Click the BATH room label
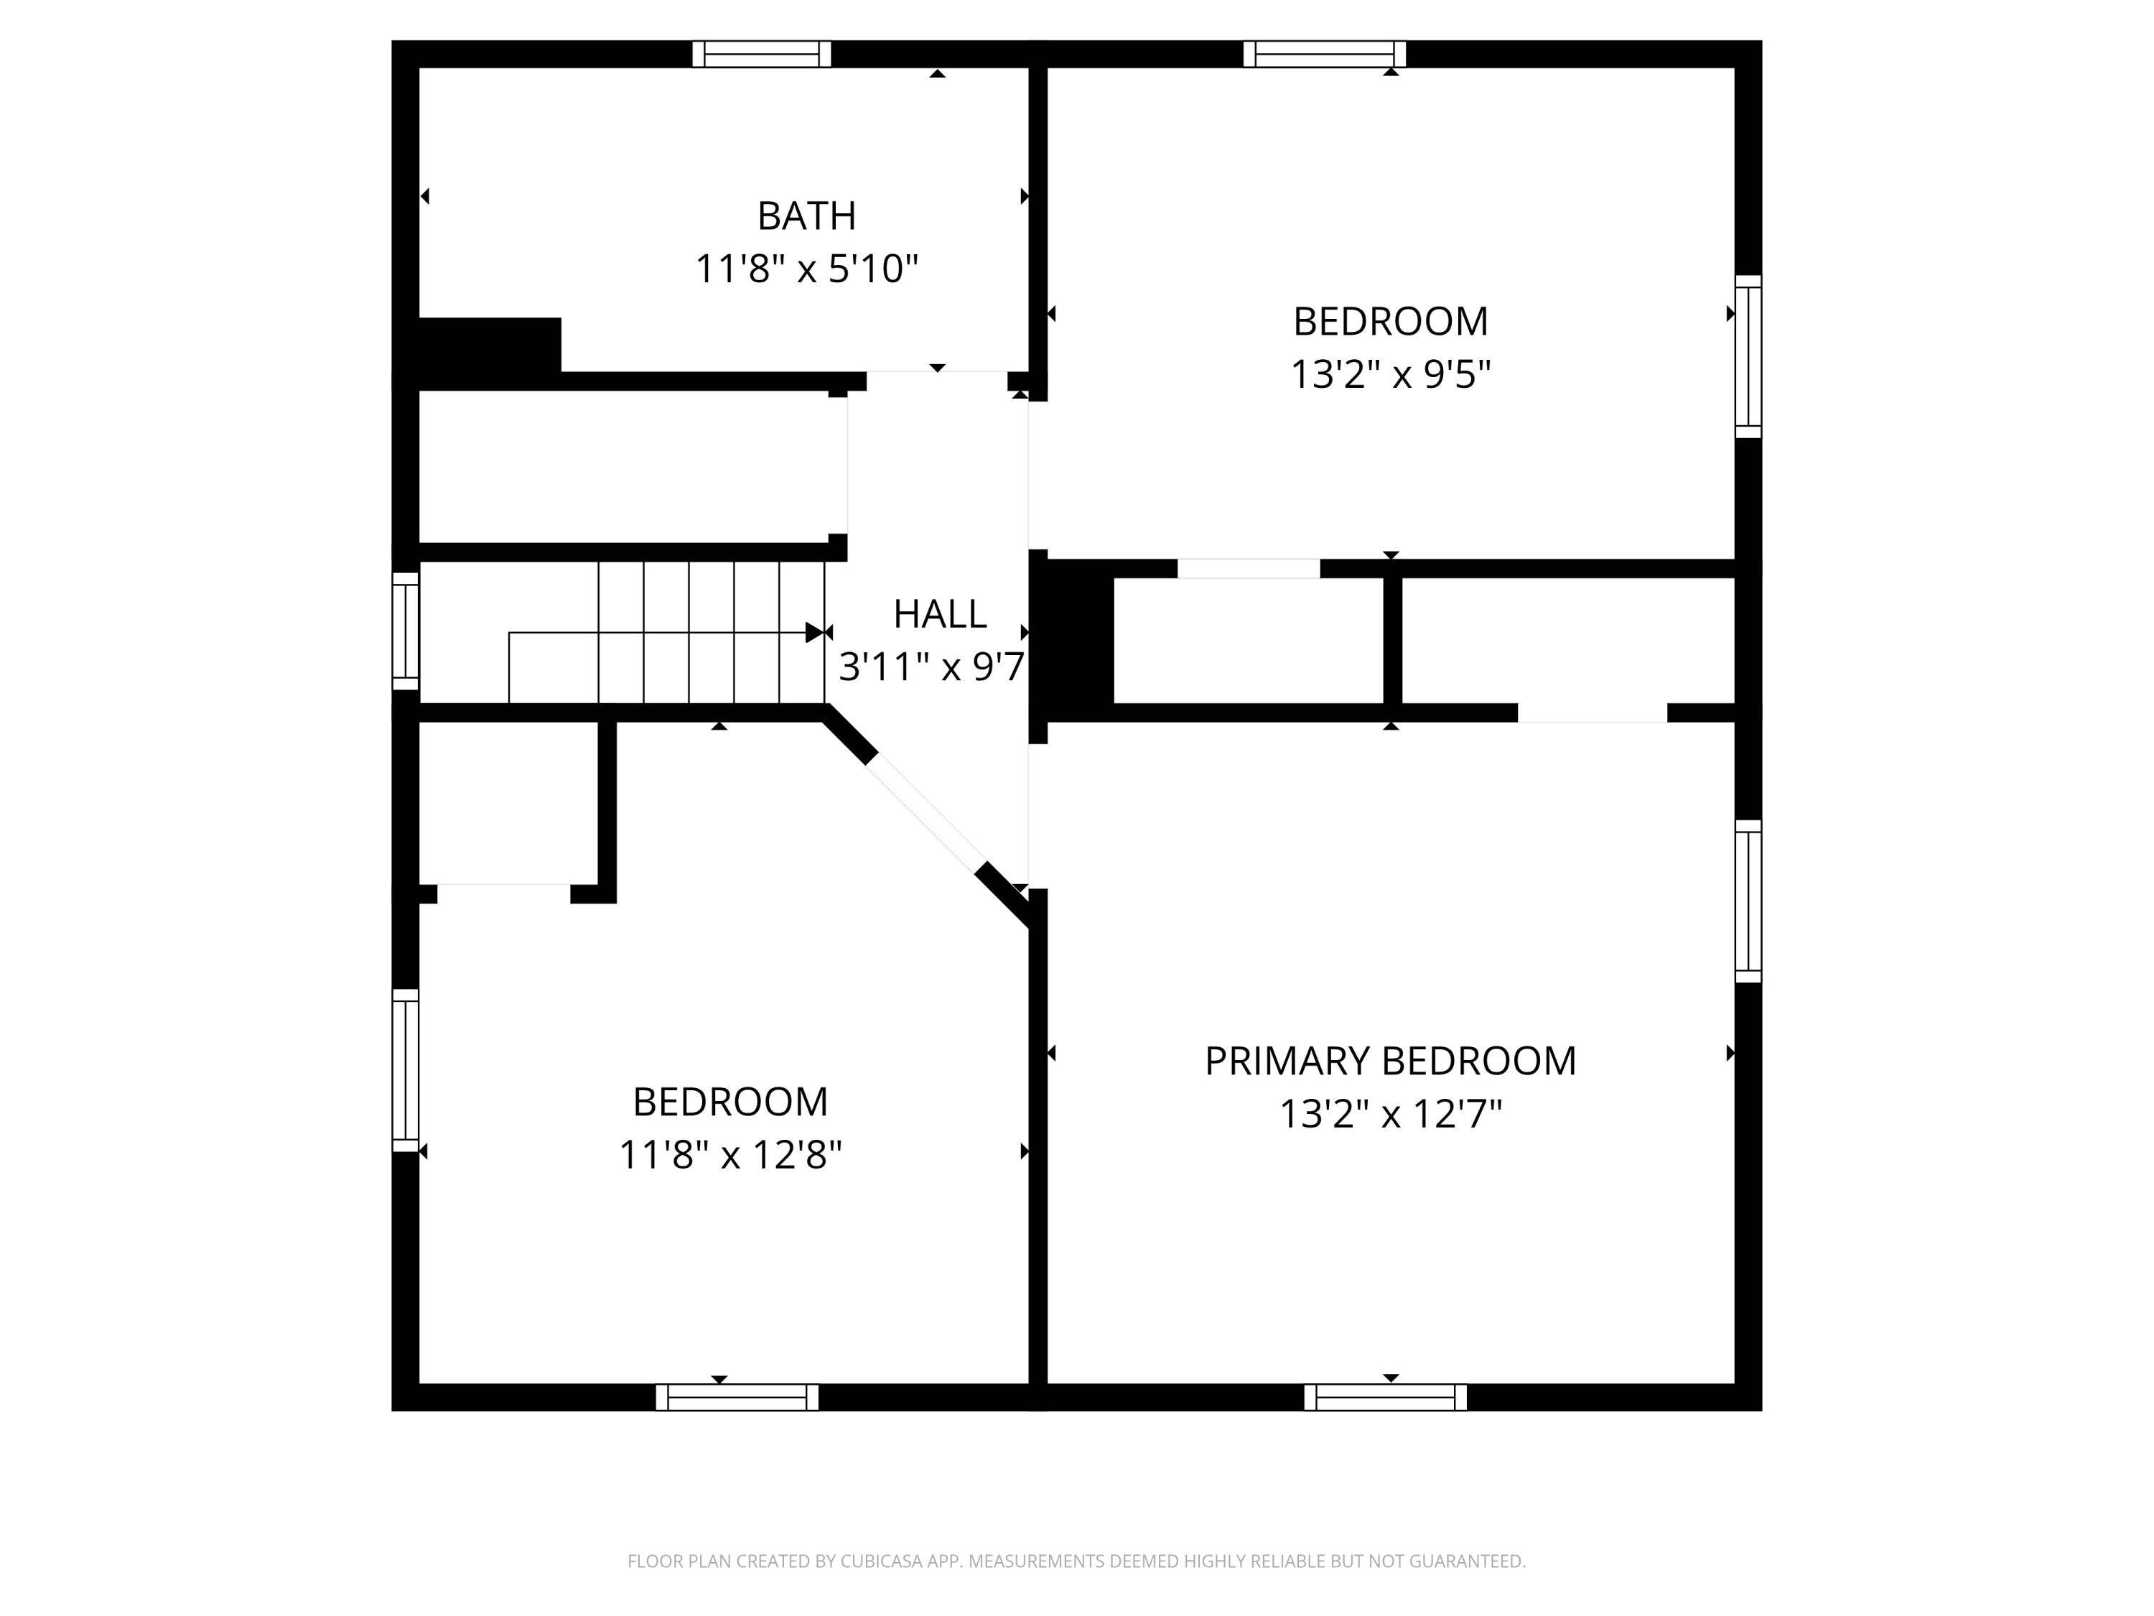coord(806,215)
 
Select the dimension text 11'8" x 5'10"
coord(806,268)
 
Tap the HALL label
coord(940,613)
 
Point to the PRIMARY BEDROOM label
coord(1391,1061)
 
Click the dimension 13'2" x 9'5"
coord(1391,374)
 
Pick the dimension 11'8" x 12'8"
coord(730,1155)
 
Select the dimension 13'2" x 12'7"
coord(1391,1113)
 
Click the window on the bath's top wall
coord(762,54)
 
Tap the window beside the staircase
coord(405,631)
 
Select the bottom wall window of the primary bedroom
coord(1386,1397)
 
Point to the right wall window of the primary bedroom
coord(1749,901)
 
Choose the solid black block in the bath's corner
coord(490,345)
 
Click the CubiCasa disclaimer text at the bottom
coord(1076,1561)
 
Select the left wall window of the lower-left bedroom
coord(405,1069)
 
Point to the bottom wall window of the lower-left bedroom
coord(737,1397)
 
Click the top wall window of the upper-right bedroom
coord(1324,54)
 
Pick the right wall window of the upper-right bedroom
coord(1749,356)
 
